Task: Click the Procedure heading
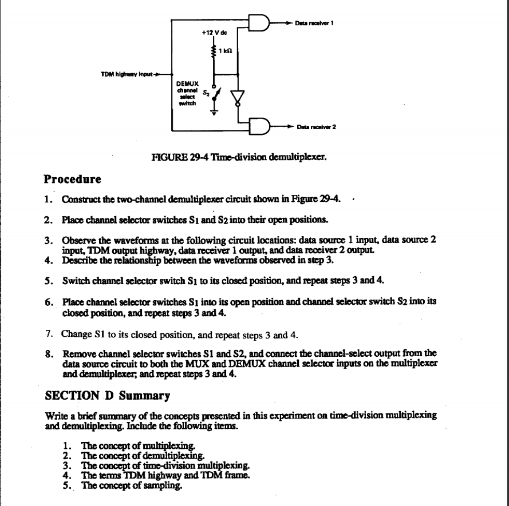(73, 179)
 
